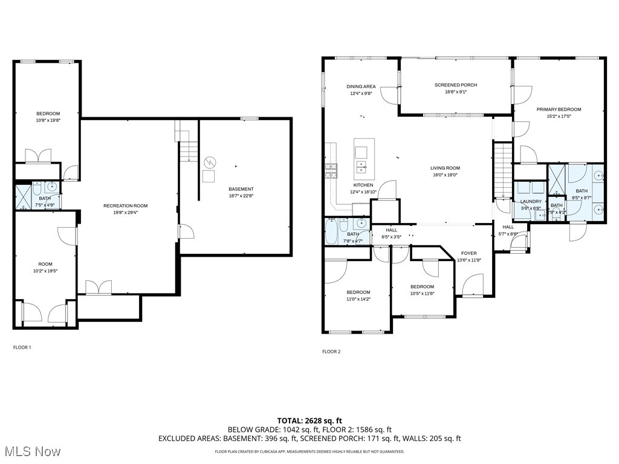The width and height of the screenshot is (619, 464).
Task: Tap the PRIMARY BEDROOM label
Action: pyautogui.click(x=559, y=109)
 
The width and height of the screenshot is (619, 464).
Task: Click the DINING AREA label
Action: pyautogui.click(x=361, y=86)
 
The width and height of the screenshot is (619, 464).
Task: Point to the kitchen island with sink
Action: pyautogui.click(x=364, y=157)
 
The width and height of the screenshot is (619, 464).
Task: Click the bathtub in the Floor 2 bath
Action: pyautogui.click(x=331, y=231)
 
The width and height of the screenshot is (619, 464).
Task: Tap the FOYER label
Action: pyautogui.click(x=468, y=253)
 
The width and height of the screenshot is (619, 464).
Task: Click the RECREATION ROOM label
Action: pyautogui.click(x=125, y=206)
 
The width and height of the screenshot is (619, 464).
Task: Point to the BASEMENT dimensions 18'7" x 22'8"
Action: pyautogui.click(x=241, y=196)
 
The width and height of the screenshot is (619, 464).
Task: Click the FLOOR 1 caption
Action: pyautogui.click(x=22, y=347)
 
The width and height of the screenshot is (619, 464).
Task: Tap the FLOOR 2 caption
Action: pyautogui.click(x=331, y=351)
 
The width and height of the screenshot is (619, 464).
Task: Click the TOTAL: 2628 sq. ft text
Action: pyautogui.click(x=309, y=420)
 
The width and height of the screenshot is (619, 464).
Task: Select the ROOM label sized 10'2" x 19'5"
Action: pyautogui.click(x=45, y=263)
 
